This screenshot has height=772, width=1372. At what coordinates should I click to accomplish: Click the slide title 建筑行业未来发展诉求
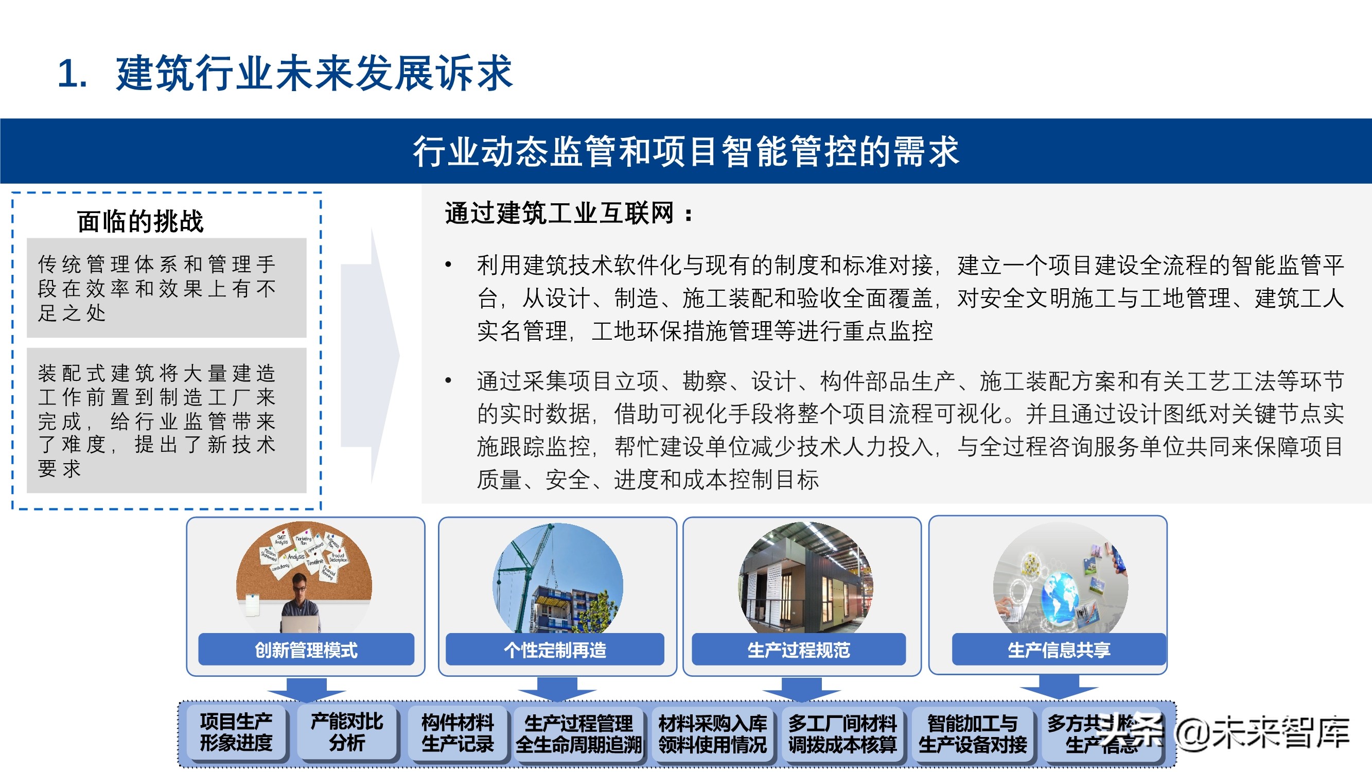point(314,73)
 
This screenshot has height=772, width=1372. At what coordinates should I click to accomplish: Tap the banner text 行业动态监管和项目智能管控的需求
point(685,152)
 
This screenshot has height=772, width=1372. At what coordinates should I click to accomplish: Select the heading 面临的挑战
point(140,222)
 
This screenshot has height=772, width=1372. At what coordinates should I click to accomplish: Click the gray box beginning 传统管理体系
point(166,288)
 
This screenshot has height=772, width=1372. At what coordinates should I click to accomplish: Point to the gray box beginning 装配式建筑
point(166,420)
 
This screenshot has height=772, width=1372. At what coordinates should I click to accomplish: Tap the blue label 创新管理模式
point(306,650)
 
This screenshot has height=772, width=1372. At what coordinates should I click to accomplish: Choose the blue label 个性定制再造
point(554,650)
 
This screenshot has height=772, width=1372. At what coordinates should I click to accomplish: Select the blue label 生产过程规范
point(798,650)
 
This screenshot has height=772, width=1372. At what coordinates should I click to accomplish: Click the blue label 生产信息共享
point(1058,650)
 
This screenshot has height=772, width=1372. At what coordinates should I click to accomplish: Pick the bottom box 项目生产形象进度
point(236,732)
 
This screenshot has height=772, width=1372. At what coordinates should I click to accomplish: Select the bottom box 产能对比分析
point(347,732)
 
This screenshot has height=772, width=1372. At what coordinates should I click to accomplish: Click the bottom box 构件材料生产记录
point(458,733)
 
